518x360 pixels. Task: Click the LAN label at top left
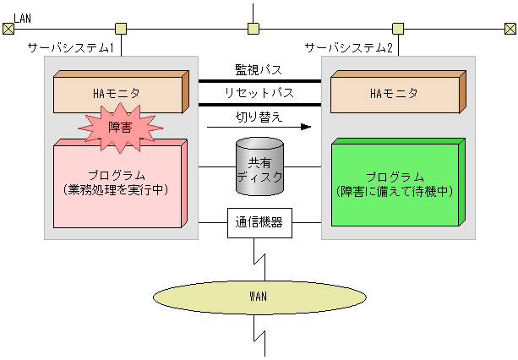(23, 17)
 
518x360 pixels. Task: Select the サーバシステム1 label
(71, 48)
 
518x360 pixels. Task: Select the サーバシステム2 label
(348, 48)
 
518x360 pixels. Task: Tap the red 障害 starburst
(119, 126)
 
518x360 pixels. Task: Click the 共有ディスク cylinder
(259, 164)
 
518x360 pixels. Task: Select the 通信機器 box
(259, 224)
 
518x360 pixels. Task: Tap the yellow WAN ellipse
(259, 297)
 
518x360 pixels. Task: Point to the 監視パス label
(259, 68)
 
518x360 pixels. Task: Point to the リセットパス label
(259, 92)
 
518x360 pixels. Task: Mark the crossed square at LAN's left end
(8, 29)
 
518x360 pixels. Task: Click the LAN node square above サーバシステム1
(121, 29)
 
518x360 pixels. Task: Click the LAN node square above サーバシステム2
(397, 29)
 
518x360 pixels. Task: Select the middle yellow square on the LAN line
(253, 29)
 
